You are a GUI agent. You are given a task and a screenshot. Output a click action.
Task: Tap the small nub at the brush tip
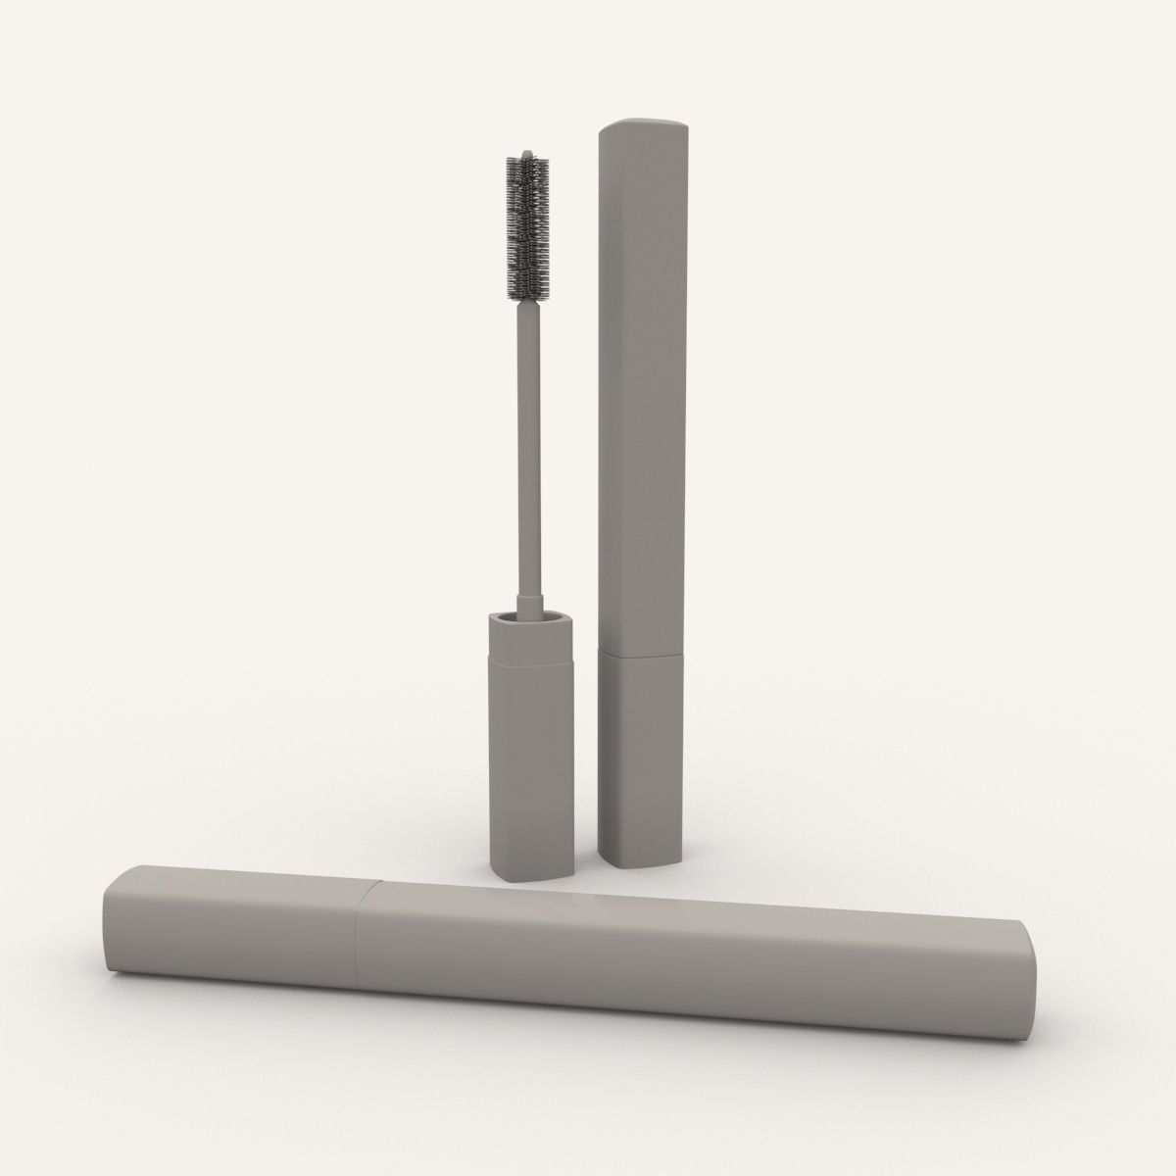(x=527, y=154)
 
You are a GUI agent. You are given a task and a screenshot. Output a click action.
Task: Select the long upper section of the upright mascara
(x=639, y=392)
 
